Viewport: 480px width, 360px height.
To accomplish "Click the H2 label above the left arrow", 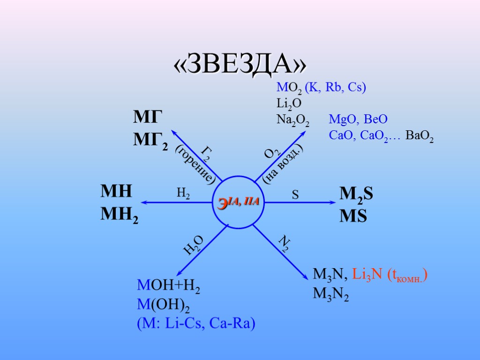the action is [x=183, y=194].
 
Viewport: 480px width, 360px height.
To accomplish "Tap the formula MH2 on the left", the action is [x=120, y=214].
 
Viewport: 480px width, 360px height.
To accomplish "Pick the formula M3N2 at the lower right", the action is [x=330, y=294].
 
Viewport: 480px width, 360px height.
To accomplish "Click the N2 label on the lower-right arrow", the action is [x=284, y=244].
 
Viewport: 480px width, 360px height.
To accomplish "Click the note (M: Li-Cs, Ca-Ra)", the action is [x=196, y=323].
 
